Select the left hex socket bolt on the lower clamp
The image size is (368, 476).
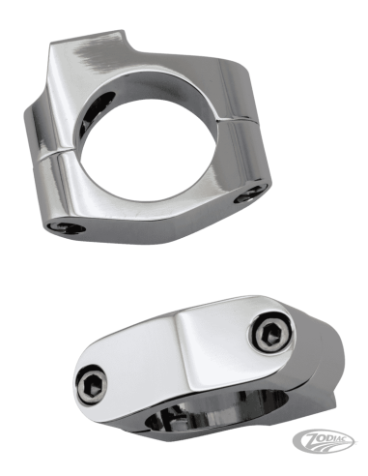(92, 385)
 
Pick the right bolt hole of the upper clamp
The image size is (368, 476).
(251, 193)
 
